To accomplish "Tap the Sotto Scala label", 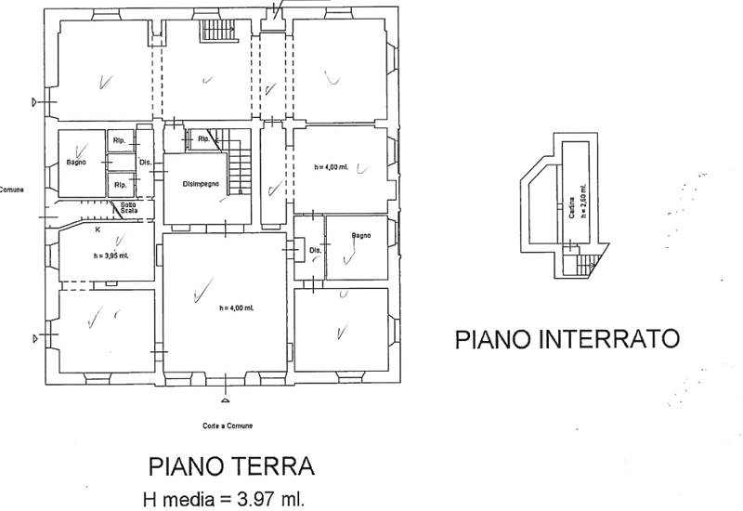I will click(127, 207).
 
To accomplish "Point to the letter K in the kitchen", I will click(97, 228).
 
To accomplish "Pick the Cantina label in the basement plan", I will click(569, 207).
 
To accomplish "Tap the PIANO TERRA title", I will click(232, 465).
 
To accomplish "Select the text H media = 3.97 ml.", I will click(223, 499).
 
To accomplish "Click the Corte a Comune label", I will click(228, 426).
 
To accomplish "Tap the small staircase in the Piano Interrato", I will click(585, 267).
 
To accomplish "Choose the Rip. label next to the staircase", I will click(202, 140).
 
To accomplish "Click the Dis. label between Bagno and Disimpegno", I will click(145, 164).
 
